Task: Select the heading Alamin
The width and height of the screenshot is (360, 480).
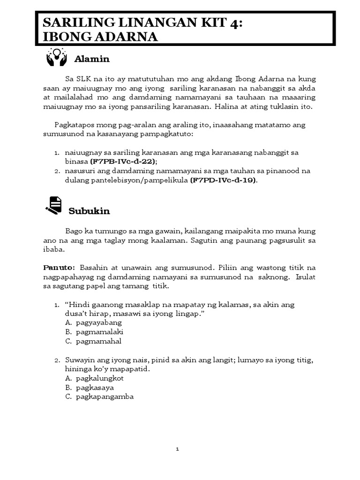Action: pyautogui.click(x=92, y=59)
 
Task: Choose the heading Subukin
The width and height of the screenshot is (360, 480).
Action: pyautogui.click(x=89, y=211)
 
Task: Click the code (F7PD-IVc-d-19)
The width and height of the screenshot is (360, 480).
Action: pyautogui.click(x=224, y=180)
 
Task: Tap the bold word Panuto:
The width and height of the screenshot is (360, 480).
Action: pyautogui.click(x=59, y=268)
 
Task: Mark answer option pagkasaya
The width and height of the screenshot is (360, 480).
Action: pyautogui.click(x=94, y=388)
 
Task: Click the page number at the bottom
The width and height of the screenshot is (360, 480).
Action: pyautogui.click(x=178, y=449)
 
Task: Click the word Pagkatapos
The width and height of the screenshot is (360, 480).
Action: pyautogui.click(x=75, y=125)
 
